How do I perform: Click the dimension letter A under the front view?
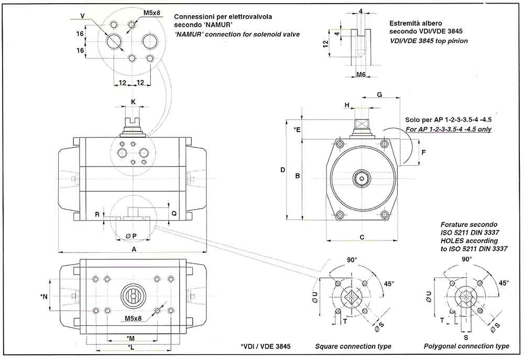pyautogui.click(x=134, y=250)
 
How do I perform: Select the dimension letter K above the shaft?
pyautogui.click(x=133, y=101)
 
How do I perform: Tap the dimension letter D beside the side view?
pyautogui.click(x=282, y=170)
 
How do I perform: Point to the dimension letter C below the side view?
pyautogui.click(x=362, y=237)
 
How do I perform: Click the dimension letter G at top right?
pyautogui.click(x=379, y=94)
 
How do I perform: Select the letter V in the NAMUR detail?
pyautogui.click(x=83, y=16)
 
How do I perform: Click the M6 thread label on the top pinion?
pyautogui.click(x=361, y=75)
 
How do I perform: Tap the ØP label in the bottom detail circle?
pyautogui.click(x=131, y=236)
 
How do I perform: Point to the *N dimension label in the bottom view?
pyautogui.click(x=44, y=297)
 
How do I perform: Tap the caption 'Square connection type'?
pyautogui.click(x=353, y=346)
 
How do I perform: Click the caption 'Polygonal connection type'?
pyautogui.click(x=466, y=346)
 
